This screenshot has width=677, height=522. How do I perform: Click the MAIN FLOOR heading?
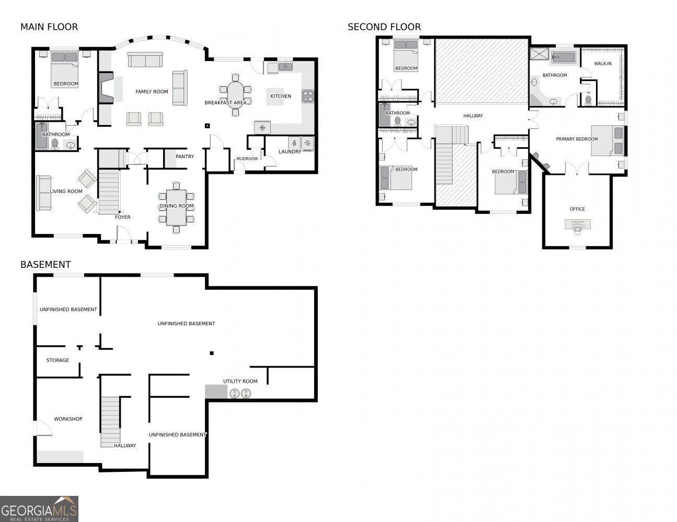(49, 27)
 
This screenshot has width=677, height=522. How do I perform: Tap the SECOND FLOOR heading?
(384, 27)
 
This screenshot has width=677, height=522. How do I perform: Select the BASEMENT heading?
(45, 265)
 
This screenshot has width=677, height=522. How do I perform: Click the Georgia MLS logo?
(39, 508)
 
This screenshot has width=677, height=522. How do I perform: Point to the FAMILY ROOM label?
(152, 92)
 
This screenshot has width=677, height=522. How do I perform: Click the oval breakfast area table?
(235, 95)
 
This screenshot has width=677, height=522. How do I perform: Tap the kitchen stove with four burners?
(308, 96)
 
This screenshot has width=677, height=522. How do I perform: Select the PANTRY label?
(185, 157)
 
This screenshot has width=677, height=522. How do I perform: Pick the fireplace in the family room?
(105, 88)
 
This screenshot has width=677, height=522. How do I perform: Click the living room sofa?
(43, 193)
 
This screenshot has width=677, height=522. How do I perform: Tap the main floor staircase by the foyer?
(109, 191)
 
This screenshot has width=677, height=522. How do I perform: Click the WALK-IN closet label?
(603, 64)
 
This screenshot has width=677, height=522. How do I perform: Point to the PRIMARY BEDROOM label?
(577, 139)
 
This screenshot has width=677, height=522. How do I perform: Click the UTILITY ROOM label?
(240, 382)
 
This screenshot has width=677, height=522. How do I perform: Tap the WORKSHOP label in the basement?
(68, 419)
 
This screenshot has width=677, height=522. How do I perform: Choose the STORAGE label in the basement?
(58, 360)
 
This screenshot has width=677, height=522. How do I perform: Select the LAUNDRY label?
(290, 152)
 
